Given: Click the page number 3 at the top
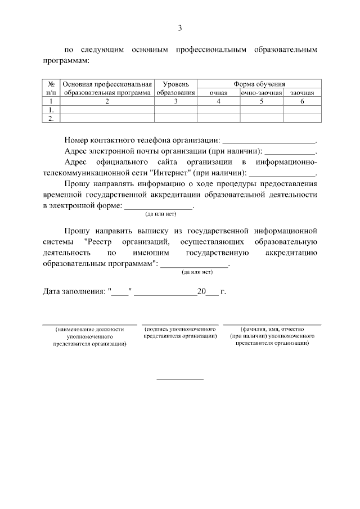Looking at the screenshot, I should click(180, 28).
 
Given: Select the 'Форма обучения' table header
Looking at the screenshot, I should click(259, 84).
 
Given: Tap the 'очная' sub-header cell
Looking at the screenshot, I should click(218, 93).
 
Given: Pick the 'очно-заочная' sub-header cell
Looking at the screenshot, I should click(261, 93).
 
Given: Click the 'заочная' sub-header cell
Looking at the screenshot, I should click(302, 93).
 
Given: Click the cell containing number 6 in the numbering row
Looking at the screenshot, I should click(302, 102).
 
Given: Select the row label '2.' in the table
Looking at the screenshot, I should click(51, 118).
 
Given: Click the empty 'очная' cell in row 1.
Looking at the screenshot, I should click(218, 110).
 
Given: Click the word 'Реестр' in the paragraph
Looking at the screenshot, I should click(102, 242).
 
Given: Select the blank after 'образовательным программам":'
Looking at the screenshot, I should click(195, 266).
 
